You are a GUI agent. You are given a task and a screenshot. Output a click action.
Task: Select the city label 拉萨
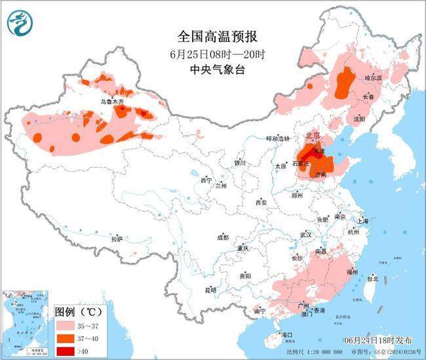117,239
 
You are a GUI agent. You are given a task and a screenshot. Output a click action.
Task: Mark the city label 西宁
206,180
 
